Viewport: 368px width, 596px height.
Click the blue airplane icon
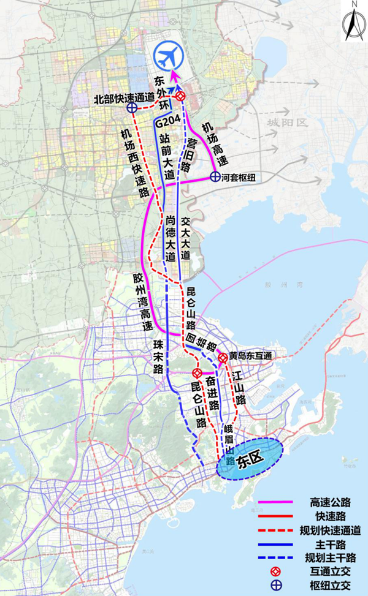coord(169,57)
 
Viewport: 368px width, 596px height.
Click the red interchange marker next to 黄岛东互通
coord(223,356)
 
